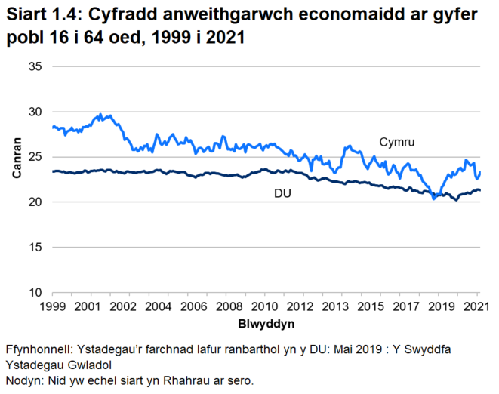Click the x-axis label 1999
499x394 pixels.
tap(51, 307)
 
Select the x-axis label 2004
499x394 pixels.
tap(158, 307)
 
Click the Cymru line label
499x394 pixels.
tap(397, 142)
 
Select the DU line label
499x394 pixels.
tap(282, 194)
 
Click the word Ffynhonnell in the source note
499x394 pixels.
tap(38, 352)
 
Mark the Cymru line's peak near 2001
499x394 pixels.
tap(100, 115)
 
